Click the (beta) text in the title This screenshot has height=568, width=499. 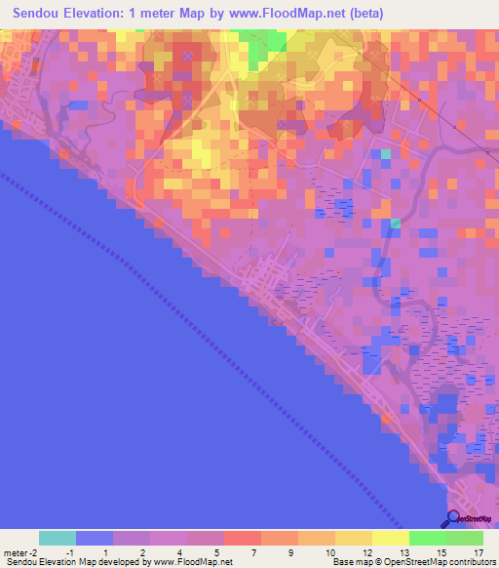pyautogui.click(x=366, y=14)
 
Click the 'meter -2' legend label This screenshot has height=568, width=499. pyautogui.click(x=21, y=552)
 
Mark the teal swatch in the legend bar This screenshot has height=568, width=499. pyautogui.click(x=58, y=538)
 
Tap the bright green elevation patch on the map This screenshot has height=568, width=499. pyautogui.click(x=264, y=44)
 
